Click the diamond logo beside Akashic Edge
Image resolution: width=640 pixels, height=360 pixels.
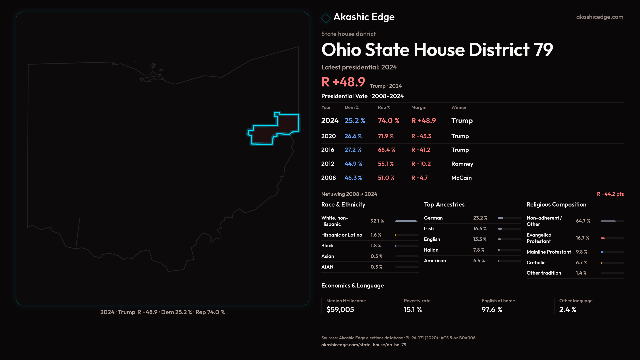pos(326,18)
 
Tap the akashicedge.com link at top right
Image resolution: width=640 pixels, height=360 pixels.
pos(599,17)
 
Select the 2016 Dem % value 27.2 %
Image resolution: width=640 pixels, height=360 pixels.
pos(353,150)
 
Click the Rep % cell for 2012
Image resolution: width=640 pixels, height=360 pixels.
pos(386,164)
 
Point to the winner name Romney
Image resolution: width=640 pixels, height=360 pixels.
pos(462,164)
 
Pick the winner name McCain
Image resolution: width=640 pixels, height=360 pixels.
pos(461,178)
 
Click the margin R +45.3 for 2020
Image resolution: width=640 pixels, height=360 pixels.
pos(421,136)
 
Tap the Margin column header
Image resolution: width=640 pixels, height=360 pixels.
pos(419,107)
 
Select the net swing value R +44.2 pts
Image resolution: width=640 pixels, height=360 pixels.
pos(610,194)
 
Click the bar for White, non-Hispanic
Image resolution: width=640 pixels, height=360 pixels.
pos(406,221)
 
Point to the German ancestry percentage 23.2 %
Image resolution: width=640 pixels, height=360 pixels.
pos(480,218)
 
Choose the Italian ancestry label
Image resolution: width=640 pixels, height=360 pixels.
pos(431,250)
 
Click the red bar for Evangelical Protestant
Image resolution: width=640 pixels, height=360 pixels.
pos(603,238)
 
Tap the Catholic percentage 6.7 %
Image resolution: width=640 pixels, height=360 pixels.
pos(581,263)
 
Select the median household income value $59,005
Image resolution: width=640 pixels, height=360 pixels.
pos(340,310)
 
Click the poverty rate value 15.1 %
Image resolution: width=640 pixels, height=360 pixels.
pos(413,310)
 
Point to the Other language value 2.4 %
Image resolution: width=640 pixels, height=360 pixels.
pos(567,310)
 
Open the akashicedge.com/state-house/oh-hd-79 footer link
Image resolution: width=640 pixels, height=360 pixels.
pos(364,345)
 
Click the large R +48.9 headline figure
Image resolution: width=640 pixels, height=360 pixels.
pos(343,82)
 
